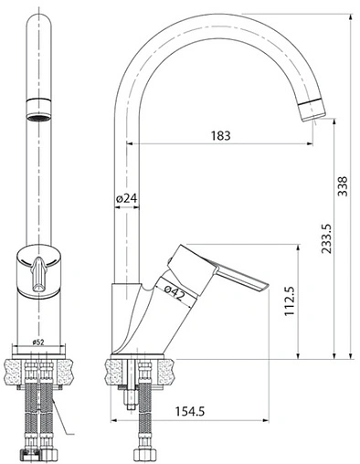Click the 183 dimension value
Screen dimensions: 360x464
(221, 135)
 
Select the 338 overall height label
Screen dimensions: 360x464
(343, 186)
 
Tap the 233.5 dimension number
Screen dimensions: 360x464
(326, 238)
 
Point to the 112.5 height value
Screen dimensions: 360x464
(290, 301)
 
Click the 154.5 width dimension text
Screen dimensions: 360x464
(190, 412)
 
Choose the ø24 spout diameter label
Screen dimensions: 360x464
(127, 198)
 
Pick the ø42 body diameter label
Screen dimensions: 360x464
(175, 292)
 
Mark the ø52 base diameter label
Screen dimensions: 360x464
(38, 343)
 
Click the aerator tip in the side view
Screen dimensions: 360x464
(312, 109)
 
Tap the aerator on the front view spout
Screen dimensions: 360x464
(38, 109)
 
